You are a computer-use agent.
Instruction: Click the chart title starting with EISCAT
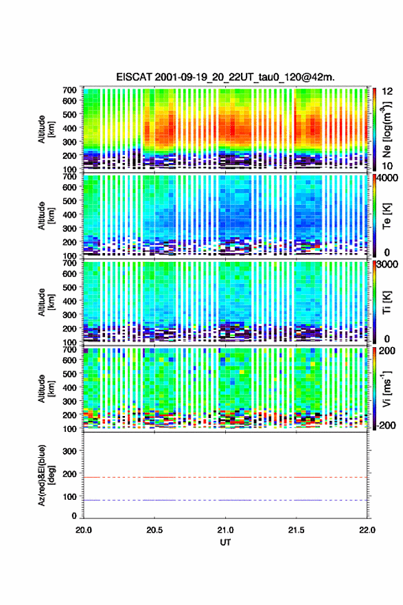pyautogui.click(x=225, y=77)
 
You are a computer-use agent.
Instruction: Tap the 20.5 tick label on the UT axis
pyautogui.click(x=154, y=530)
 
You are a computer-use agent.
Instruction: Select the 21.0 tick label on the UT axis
pyautogui.click(x=225, y=530)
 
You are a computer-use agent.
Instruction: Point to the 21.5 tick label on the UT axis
pyautogui.click(x=297, y=530)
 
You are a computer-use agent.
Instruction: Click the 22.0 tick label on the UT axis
pyautogui.click(x=367, y=530)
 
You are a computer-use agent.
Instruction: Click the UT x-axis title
pyautogui.click(x=225, y=542)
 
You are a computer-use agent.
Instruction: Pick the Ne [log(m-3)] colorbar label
pyautogui.click(x=387, y=129)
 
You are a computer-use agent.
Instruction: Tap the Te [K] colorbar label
pyautogui.click(x=387, y=216)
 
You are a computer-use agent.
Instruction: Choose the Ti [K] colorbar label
pyautogui.click(x=387, y=302)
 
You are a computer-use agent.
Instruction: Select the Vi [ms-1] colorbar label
pyautogui.click(x=387, y=388)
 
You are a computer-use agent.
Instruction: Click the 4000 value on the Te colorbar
pyautogui.click(x=387, y=178)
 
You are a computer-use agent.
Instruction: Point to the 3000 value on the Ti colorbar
pyautogui.click(x=387, y=264)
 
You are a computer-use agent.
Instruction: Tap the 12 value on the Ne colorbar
pyautogui.click(x=387, y=91)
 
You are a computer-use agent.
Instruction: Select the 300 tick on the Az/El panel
pyautogui.click(x=69, y=451)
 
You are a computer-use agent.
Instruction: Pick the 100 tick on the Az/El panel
pyautogui.click(x=69, y=496)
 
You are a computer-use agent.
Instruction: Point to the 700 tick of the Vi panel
pyautogui.click(x=69, y=349)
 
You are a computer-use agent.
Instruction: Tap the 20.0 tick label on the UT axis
pyautogui.click(x=83, y=530)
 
